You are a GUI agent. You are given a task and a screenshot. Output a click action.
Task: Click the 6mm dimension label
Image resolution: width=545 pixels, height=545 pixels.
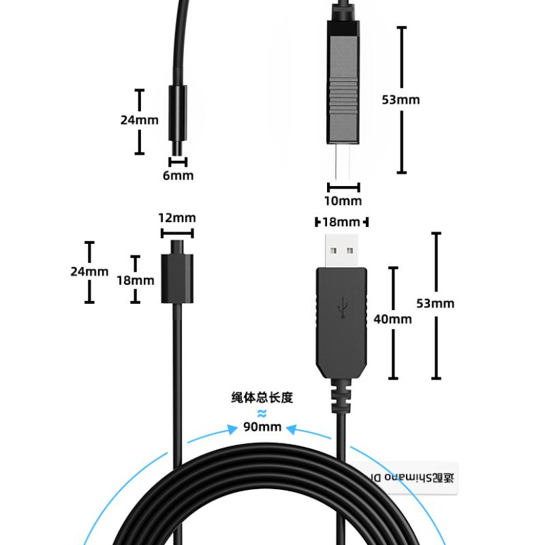178,176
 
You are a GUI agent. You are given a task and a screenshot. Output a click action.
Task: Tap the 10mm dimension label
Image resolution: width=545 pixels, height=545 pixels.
343,201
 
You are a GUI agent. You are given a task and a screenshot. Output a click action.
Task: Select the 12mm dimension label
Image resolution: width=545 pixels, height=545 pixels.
177,218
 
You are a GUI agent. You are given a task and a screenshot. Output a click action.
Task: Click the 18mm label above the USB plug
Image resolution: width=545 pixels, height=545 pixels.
341,222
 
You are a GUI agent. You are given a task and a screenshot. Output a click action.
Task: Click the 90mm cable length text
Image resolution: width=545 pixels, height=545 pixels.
262,428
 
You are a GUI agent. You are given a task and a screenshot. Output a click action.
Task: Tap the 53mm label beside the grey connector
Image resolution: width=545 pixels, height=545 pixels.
401,99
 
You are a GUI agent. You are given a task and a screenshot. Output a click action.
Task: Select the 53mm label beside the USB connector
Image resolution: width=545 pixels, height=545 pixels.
435,303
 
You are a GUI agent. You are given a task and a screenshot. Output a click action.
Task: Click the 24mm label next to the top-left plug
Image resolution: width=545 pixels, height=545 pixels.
139,120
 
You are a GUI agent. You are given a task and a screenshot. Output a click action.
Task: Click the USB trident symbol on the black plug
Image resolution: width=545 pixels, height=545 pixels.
342,307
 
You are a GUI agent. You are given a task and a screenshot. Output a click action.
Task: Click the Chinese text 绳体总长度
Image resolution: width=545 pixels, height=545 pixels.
262,398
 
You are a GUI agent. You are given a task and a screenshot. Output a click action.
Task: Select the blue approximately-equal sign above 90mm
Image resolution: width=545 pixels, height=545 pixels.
262,413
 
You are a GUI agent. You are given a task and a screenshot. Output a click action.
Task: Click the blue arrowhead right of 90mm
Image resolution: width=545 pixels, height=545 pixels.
292,429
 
